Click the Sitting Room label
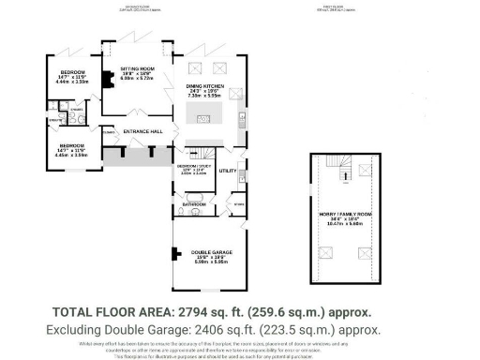coord(136,69)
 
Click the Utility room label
coord(227,172)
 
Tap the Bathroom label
coord(194,203)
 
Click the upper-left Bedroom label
coord(72,73)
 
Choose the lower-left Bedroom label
coord(72,146)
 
